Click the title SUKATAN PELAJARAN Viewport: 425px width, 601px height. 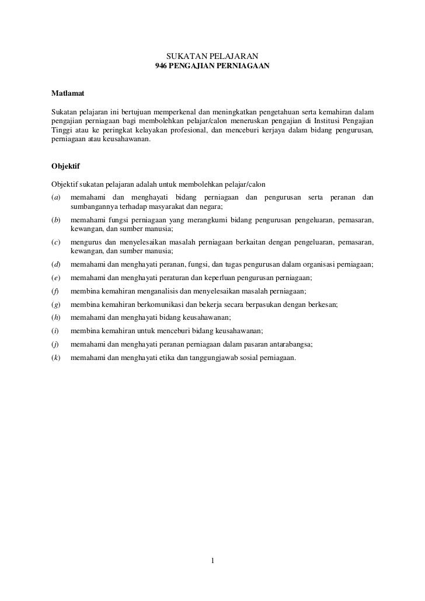(x=212, y=56)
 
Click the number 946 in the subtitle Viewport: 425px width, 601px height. (x=161, y=67)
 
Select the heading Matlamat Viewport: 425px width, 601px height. (x=67, y=93)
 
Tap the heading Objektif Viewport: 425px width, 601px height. (x=65, y=166)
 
